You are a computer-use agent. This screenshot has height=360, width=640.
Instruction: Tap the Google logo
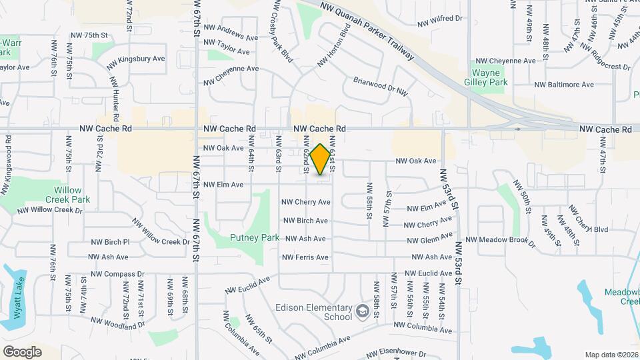tap(22, 351)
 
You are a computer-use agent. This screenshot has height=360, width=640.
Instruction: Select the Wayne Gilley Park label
tap(490, 77)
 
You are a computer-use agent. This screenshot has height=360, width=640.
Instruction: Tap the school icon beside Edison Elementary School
tap(362, 311)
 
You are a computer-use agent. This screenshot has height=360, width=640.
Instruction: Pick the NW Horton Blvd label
tap(333, 46)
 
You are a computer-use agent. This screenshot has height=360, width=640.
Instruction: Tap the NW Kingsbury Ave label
tap(137, 59)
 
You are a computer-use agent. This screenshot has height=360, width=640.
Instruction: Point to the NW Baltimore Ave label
tap(564, 85)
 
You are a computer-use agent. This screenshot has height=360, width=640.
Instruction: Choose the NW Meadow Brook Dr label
tap(500, 241)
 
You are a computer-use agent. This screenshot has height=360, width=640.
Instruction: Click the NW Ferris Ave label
tap(304, 257)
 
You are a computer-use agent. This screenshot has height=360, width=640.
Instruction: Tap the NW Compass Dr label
tap(117, 274)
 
